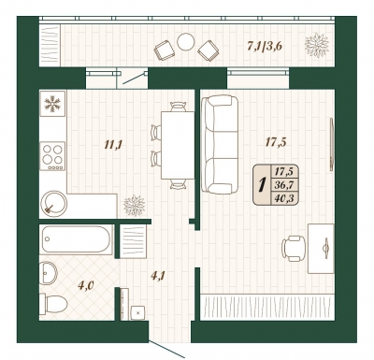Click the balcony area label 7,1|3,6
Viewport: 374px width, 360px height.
tap(265, 46)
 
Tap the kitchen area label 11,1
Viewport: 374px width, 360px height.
tap(113, 145)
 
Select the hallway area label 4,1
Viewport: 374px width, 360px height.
tap(158, 276)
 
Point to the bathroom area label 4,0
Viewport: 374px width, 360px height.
tap(86, 285)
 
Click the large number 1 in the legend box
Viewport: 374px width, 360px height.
tap(263, 185)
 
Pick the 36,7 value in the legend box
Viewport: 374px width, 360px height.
tap(285, 185)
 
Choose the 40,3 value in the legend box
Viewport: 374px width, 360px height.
tap(285, 197)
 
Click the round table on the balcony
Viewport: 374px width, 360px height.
tap(186, 42)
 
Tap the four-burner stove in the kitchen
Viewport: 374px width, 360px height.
tap(53, 156)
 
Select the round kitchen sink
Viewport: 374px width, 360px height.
tap(53, 203)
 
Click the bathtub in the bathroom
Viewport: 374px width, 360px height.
tap(76, 239)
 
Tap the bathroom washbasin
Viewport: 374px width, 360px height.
tap(49, 273)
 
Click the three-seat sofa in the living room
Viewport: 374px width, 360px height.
tap(220, 145)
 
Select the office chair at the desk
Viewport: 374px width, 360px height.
tap(294, 248)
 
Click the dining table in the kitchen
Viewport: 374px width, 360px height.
tap(178, 145)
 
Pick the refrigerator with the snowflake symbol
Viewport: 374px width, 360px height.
tap(52, 104)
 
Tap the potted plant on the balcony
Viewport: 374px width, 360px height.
tap(317, 45)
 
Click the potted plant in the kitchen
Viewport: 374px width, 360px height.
tap(135, 206)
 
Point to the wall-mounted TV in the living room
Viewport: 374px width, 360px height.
tap(332, 144)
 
